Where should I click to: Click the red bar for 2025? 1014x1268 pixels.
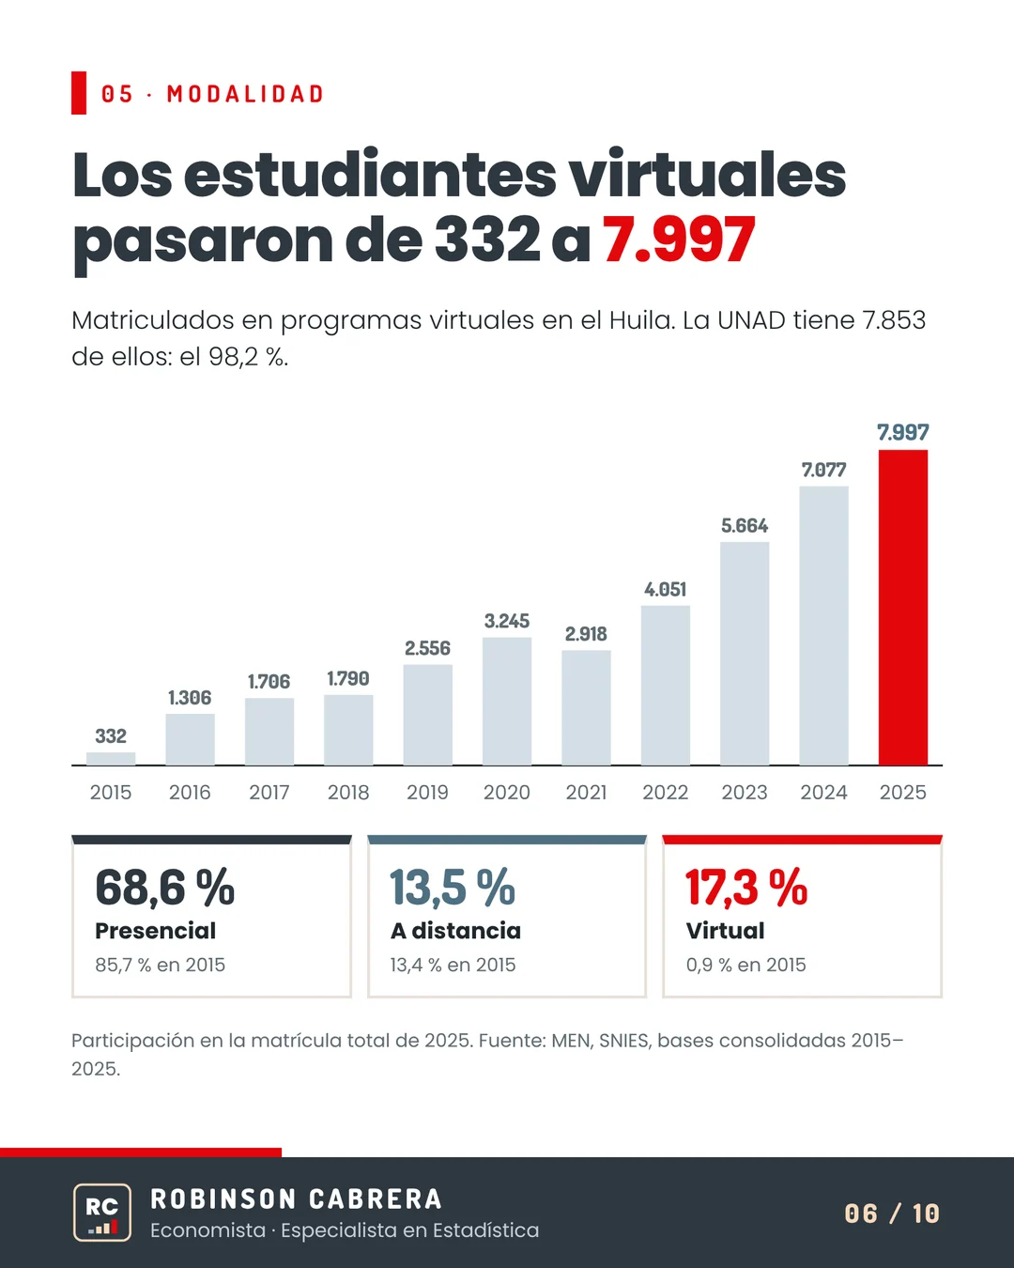[902, 608]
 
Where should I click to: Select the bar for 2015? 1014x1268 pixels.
[111, 758]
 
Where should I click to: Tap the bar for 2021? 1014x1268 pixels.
[586, 707]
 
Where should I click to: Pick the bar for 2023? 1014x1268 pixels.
[745, 654]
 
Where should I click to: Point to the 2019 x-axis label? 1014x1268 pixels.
[427, 793]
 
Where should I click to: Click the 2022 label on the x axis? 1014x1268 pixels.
[665, 793]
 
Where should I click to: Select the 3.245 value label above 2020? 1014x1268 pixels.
[507, 621]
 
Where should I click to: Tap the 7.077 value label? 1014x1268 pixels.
[823, 470]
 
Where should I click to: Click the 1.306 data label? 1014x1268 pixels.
[190, 698]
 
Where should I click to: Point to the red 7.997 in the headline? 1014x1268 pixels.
[678, 240]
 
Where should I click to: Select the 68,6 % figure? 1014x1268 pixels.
[165, 887]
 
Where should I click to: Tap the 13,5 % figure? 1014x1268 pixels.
[453, 887]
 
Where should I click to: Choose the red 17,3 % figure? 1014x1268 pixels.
[746, 887]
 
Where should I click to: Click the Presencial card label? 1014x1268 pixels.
[156, 931]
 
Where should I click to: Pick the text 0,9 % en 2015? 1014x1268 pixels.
[745, 965]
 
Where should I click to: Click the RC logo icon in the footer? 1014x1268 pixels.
[102, 1212]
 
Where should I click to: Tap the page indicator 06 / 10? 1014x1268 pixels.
[892, 1214]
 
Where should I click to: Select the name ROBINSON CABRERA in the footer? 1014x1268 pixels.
[297, 1199]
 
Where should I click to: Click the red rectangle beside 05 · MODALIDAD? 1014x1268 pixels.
[79, 93]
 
